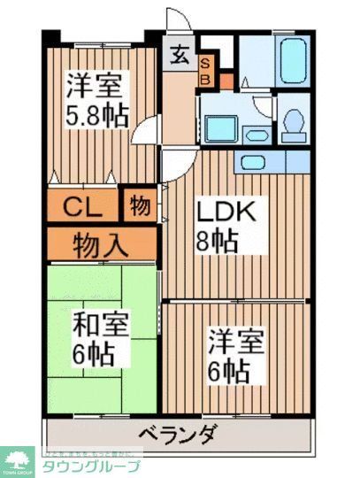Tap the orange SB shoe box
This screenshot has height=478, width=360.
(204, 69)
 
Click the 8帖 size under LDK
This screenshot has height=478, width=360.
(218, 241)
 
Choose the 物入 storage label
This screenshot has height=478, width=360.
(97, 242)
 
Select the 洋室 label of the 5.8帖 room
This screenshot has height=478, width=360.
(95, 86)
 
